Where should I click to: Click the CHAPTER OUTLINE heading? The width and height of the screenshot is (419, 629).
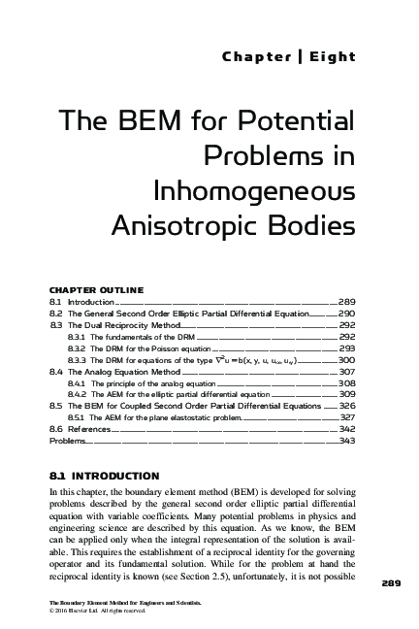(x=96, y=289)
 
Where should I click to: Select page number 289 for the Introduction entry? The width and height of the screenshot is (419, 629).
(x=346, y=303)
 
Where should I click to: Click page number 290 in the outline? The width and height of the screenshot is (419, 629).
(x=346, y=315)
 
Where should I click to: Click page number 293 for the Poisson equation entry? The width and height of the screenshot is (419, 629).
(x=346, y=348)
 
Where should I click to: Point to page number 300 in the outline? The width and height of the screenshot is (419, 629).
(x=346, y=360)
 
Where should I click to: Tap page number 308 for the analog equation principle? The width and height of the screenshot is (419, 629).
(x=346, y=383)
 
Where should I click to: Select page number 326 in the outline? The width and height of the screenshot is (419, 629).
(x=346, y=406)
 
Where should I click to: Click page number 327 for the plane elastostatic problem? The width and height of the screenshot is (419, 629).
(x=346, y=417)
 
